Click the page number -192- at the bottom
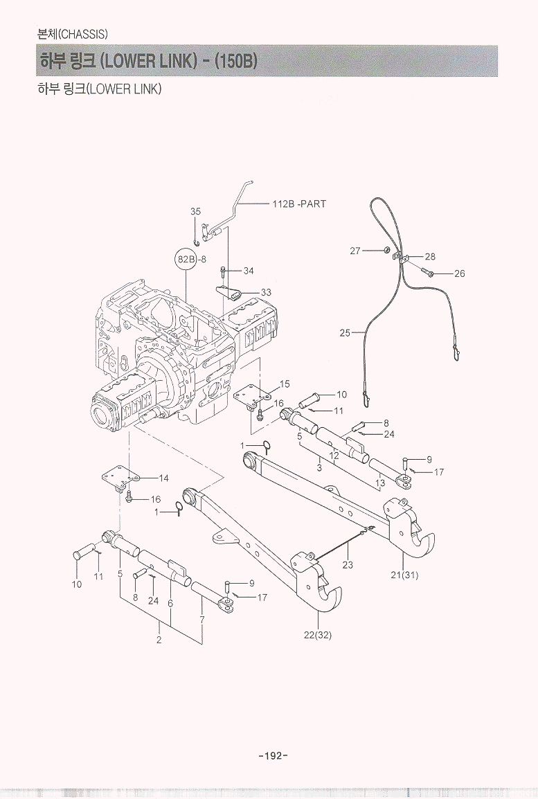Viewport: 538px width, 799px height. [272, 755]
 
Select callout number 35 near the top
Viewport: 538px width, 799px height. [195, 211]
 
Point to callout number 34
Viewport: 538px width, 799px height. [249, 271]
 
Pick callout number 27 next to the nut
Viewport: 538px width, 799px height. [355, 251]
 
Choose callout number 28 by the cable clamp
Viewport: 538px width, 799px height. [430, 257]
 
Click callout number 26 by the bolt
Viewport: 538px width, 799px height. [459, 273]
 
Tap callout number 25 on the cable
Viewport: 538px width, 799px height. [345, 333]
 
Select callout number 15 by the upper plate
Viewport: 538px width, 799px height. [285, 384]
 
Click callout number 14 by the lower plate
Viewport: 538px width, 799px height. [163, 478]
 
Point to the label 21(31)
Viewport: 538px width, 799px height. [404, 575]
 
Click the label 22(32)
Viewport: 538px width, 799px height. [318, 636]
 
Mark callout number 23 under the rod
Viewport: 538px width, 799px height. [348, 565]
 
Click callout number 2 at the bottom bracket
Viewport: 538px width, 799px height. [159, 640]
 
